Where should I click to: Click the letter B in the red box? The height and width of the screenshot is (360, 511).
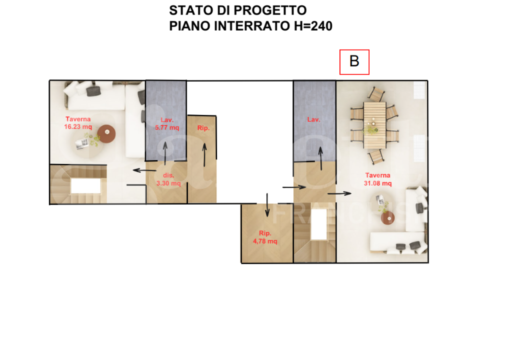tap(354, 62)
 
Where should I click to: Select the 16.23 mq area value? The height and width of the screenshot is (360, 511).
tap(78, 127)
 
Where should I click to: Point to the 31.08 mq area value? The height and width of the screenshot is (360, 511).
tap(377, 183)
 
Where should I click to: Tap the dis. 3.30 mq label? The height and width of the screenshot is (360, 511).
tap(168, 179)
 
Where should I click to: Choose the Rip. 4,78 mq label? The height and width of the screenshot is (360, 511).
tap(265, 237)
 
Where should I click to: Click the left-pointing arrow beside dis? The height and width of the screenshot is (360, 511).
tap(144, 170)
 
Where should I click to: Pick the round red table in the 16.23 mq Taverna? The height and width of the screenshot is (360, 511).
tap(106, 133)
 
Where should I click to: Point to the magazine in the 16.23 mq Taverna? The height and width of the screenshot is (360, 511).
tap(82, 143)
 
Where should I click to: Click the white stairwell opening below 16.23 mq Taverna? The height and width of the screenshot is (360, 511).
tap(85, 185)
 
